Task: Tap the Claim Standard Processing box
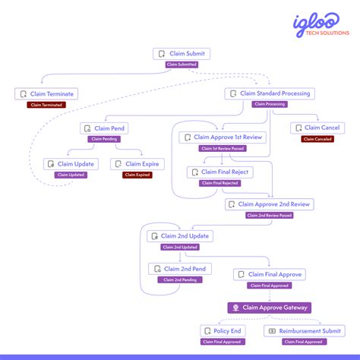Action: (269, 93)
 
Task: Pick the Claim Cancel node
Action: (317, 128)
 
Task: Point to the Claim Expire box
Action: (137, 164)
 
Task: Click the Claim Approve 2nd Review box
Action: (269, 204)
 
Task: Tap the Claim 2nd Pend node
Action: (180, 269)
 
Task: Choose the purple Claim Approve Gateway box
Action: (269, 308)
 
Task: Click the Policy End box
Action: (223, 331)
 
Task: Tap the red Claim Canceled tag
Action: (317, 139)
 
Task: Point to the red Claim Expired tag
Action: (137, 175)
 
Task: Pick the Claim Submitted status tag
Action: (181, 65)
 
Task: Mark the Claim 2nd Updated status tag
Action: (180, 247)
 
